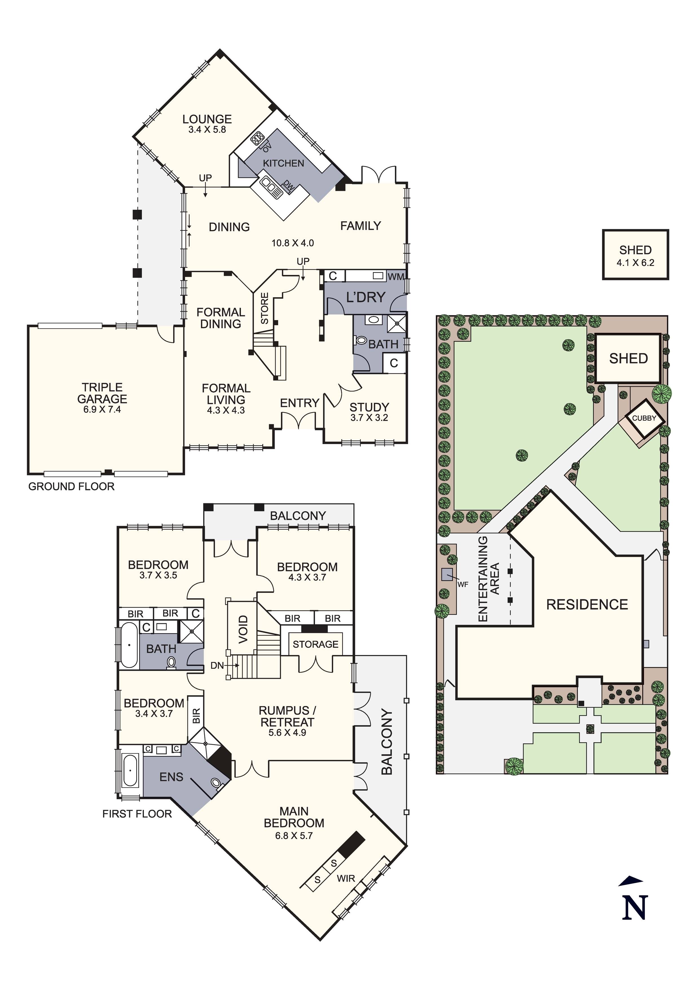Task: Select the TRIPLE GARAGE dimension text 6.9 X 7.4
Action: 102,410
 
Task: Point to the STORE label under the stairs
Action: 265,308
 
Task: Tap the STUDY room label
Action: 369,407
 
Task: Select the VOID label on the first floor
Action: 243,630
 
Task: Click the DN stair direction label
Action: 217,665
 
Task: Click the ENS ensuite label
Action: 171,777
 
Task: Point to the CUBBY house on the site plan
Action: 644,418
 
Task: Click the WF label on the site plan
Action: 463,585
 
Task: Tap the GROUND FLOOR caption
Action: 72,486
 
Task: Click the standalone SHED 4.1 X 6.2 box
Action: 635,255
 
